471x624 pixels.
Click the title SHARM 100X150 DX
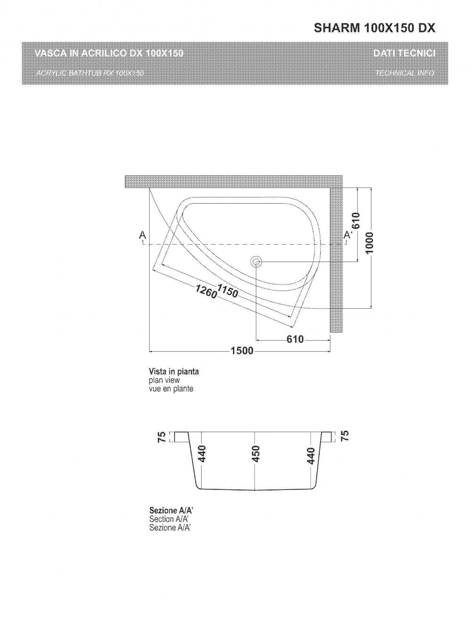(374, 29)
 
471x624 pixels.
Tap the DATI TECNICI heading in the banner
(404, 53)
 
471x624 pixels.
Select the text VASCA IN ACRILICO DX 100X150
(109, 53)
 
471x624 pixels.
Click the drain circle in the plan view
(256, 262)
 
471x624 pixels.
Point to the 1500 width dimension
(242, 351)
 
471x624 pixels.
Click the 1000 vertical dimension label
(371, 242)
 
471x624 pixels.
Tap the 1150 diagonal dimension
(227, 291)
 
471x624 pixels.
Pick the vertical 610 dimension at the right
(357, 221)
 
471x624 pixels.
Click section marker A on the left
(142, 235)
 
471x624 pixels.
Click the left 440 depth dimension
(202, 455)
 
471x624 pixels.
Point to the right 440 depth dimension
(310, 455)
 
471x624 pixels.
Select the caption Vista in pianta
(174, 371)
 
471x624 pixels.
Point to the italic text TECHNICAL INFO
(405, 73)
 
